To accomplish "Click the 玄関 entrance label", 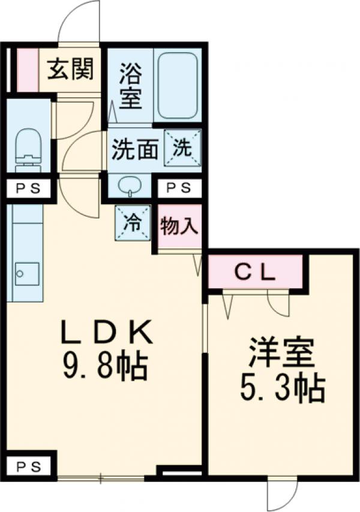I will click(x=71, y=71).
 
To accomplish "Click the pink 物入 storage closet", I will click(x=179, y=227).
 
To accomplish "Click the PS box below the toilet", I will click(x=28, y=188).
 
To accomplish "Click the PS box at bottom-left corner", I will click(x=28, y=465).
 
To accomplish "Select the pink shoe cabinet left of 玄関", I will click(x=26, y=69).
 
